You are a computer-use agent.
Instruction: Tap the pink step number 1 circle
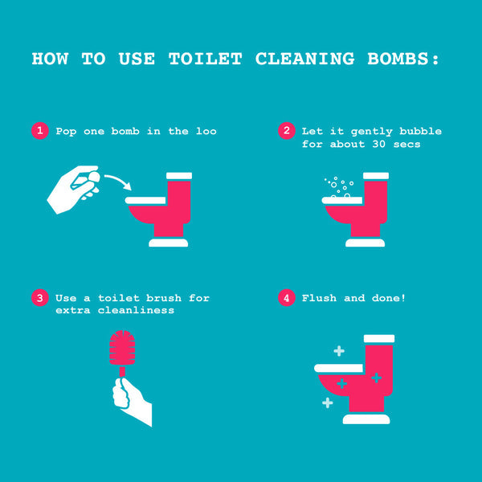pos(39,131)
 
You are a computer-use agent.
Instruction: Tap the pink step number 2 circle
pos(285,131)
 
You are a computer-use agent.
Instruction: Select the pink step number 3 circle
pos(39,298)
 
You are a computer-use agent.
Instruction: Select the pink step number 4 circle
pos(285,298)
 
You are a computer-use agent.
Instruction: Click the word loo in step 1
pos(206,131)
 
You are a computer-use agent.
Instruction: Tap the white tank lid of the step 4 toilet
pos(379,338)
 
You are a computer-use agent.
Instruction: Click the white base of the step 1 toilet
pos(168,242)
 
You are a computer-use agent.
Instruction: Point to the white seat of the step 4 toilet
pos(339,368)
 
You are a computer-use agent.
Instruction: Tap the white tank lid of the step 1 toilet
pos(178,175)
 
